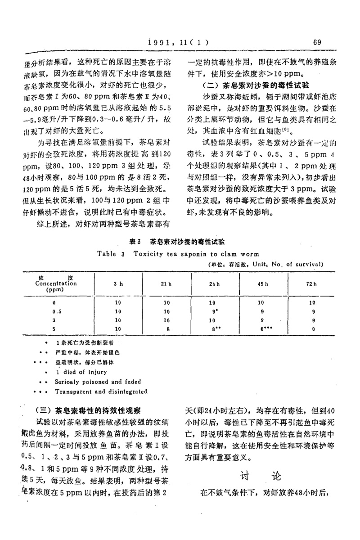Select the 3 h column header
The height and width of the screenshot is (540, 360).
coord(118,284)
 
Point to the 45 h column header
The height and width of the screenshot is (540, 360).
coord(263,284)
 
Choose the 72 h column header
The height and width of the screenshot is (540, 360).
coord(312,284)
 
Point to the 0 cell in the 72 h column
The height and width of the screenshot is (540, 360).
coord(312,329)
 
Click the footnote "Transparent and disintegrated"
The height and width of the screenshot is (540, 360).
coord(101,392)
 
